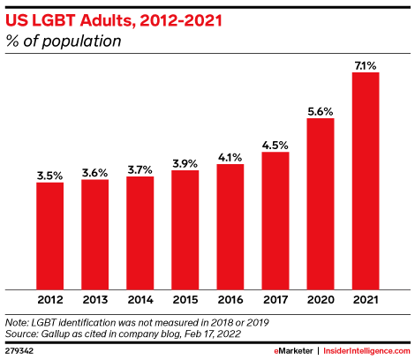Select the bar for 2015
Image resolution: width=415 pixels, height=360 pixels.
(x=185, y=229)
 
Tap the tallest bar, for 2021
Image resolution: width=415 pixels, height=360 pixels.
(x=365, y=180)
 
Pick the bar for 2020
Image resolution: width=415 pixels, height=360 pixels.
(x=320, y=203)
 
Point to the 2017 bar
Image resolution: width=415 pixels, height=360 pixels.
(x=275, y=220)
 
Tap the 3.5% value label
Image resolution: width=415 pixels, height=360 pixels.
(x=49, y=175)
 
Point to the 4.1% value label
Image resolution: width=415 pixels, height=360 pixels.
(x=230, y=156)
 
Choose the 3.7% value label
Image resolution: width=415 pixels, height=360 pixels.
(x=140, y=169)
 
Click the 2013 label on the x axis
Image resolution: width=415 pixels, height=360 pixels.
(x=94, y=301)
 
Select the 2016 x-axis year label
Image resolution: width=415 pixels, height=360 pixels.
(x=230, y=301)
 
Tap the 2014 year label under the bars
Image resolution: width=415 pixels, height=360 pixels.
(x=140, y=301)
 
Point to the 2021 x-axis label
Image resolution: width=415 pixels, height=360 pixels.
(x=365, y=301)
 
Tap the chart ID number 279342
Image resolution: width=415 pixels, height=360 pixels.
(x=19, y=351)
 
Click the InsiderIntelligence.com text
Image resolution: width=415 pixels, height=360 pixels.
(x=366, y=351)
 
